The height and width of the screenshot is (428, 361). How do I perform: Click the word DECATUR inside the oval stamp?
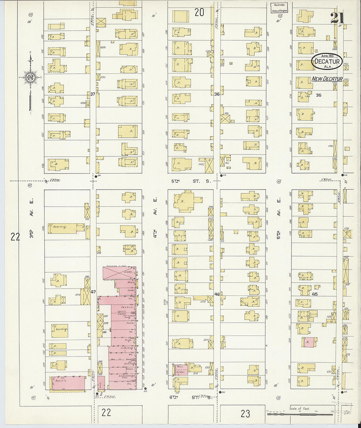pos(327,61)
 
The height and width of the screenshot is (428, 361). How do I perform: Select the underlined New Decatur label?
pos(327,79)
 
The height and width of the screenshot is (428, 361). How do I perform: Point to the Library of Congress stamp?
pos(279,8)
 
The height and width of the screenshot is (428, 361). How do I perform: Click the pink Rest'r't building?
pos(68,383)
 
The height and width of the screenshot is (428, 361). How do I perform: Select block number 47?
pos(93,292)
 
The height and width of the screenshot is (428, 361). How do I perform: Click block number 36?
pos(217,94)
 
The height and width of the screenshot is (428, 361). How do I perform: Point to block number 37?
pos(93,94)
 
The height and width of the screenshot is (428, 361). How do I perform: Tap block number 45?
pos(315,294)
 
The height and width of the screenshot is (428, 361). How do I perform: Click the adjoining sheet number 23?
pos(245,414)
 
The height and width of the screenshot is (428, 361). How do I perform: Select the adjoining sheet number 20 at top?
pos(199,12)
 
